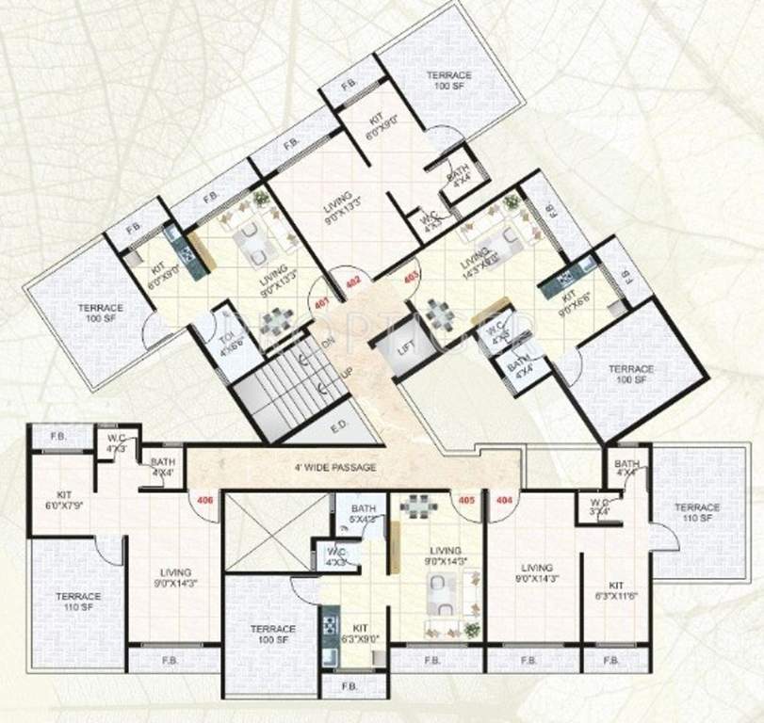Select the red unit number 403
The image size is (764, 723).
click(x=411, y=277)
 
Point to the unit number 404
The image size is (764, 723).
click(x=503, y=499)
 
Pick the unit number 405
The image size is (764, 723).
click(x=464, y=499)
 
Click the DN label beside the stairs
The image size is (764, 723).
click(x=329, y=343)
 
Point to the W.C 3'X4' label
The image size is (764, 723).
click(x=599, y=506)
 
